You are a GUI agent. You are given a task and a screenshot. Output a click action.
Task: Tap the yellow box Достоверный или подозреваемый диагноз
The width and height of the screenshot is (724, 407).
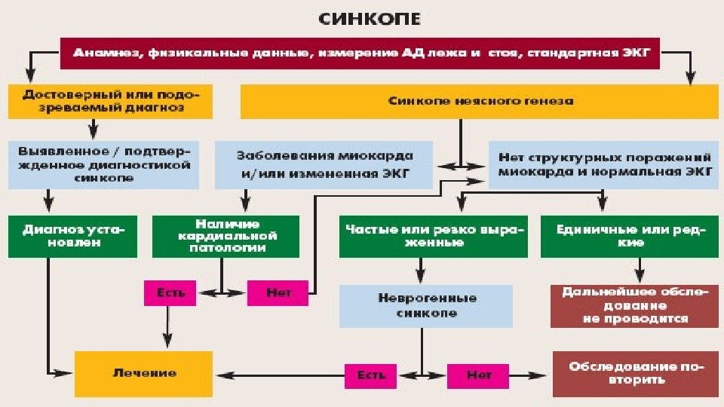[110, 102]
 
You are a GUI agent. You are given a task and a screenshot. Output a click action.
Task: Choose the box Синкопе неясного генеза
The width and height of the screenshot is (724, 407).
[480, 101]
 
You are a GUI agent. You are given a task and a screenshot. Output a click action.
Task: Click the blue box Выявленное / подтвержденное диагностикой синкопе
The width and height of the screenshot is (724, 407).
[105, 164]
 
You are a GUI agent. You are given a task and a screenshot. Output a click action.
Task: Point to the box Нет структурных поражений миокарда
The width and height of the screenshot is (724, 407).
[605, 164]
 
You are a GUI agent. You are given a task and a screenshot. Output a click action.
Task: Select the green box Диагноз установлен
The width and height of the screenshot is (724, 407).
[74, 237]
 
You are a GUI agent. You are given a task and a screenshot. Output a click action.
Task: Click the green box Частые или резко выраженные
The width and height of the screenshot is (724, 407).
[433, 236]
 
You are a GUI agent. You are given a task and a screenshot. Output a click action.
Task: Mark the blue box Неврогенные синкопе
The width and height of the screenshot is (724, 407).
[426, 305]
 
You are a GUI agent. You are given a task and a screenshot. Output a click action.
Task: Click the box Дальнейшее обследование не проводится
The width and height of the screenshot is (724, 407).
[635, 305]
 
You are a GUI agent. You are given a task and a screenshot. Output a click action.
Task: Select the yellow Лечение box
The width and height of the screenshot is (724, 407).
[144, 373]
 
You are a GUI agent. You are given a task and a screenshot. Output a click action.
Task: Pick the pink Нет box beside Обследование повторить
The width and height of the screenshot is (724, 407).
[479, 375]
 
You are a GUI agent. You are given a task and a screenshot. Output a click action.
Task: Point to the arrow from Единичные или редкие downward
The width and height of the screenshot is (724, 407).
[639, 270]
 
